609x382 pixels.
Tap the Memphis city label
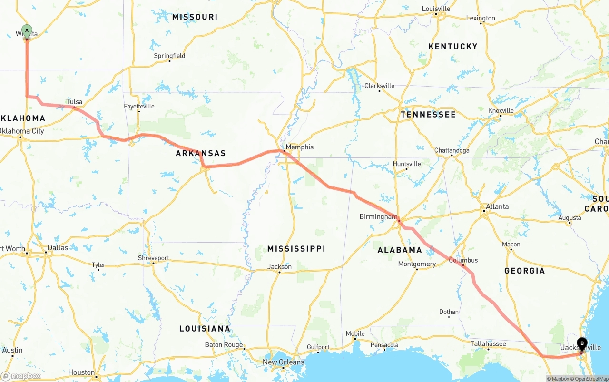pyautogui.click(x=299, y=147)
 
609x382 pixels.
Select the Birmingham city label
pyautogui.click(x=378, y=217)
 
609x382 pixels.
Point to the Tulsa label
pyautogui.click(x=74, y=102)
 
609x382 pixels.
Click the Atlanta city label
pyautogui.click(x=497, y=206)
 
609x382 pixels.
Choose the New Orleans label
pyautogui.click(x=284, y=362)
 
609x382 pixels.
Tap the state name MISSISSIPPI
pyautogui.click(x=296, y=249)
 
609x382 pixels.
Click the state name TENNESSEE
pyautogui.click(x=428, y=115)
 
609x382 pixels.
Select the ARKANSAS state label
pyautogui.click(x=200, y=153)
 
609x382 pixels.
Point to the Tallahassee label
pyautogui.click(x=488, y=343)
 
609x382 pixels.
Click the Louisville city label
pyautogui.click(x=436, y=9)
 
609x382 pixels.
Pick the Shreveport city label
pyautogui.click(x=153, y=258)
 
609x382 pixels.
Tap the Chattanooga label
pyautogui.click(x=452, y=150)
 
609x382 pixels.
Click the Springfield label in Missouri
pyautogui.click(x=169, y=56)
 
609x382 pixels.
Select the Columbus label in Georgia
pyautogui.click(x=463, y=260)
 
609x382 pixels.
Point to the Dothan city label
pyautogui.click(x=449, y=312)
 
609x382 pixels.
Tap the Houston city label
pyautogui.click(x=81, y=372)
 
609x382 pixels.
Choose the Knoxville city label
pyautogui.click(x=501, y=110)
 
